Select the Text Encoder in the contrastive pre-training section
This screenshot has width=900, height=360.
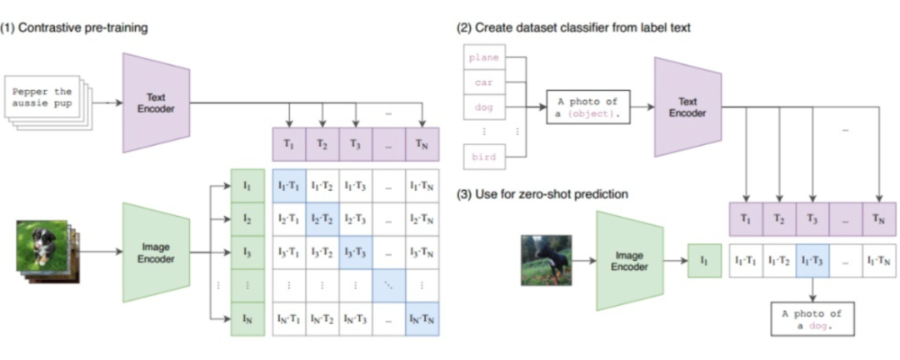156,102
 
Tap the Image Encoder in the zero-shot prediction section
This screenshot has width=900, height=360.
630,261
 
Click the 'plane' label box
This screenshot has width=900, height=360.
483,58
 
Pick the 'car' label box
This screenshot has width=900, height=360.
483,83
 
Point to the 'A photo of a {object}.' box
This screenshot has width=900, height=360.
587,107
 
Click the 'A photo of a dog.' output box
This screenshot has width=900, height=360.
812,318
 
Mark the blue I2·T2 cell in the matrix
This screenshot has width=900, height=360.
322,218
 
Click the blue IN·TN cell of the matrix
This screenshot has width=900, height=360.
422,319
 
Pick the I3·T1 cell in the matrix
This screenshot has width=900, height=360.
289,251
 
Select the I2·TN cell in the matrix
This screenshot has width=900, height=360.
422,218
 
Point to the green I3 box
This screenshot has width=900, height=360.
247,251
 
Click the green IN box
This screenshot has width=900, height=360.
247,319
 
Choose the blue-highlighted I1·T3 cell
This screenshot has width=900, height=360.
812,261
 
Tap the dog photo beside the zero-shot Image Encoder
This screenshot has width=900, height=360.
546,260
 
